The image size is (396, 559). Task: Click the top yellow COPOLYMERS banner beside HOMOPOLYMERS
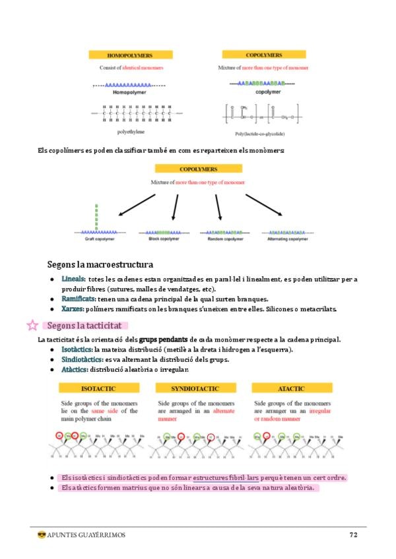tap(263, 55)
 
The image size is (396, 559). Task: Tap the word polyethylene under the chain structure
tap(131, 132)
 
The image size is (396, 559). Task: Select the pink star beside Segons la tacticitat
tap(31, 325)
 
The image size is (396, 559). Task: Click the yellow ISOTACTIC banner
tap(99, 389)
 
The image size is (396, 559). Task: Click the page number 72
tap(353, 535)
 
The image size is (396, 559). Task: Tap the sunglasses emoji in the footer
tap(41, 535)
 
